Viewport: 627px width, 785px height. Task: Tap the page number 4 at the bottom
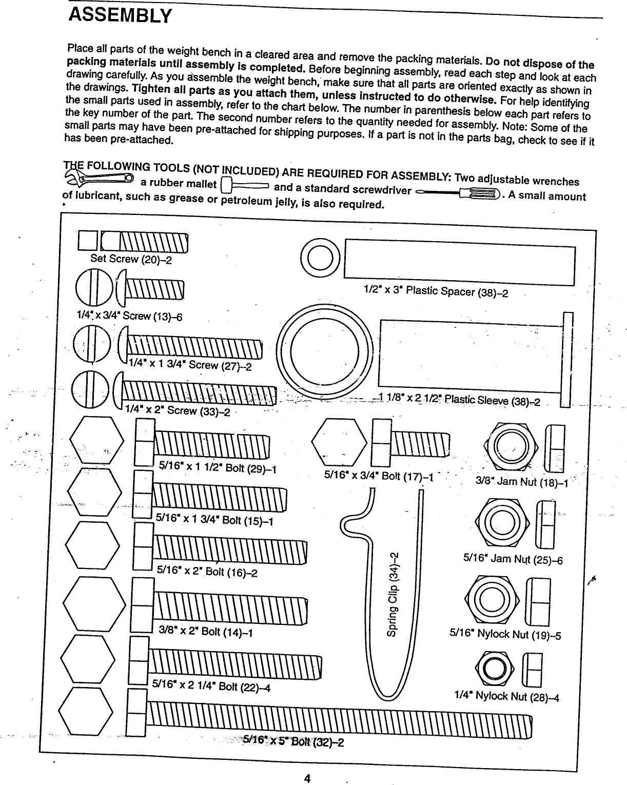pyautogui.click(x=307, y=778)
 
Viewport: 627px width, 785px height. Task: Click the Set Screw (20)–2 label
pyautogui.click(x=131, y=259)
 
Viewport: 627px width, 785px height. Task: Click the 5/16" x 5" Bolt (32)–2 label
pyautogui.click(x=293, y=741)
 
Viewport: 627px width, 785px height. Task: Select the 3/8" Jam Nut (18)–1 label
pyautogui.click(x=521, y=482)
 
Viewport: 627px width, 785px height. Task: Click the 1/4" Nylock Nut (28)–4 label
pyautogui.click(x=506, y=696)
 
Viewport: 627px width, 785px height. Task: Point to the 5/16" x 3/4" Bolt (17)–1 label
pyautogui.click(x=379, y=476)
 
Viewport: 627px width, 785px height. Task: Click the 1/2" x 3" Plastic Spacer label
pyautogui.click(x=435, y=291)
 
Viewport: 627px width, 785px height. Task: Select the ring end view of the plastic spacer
pyautogui.click(x=320, y=259)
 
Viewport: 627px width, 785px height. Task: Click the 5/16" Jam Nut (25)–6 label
pyautogui.click(x=513, y=559)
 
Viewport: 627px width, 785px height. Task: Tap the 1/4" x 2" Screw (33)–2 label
pyautogui.click(x=178, y=410)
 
